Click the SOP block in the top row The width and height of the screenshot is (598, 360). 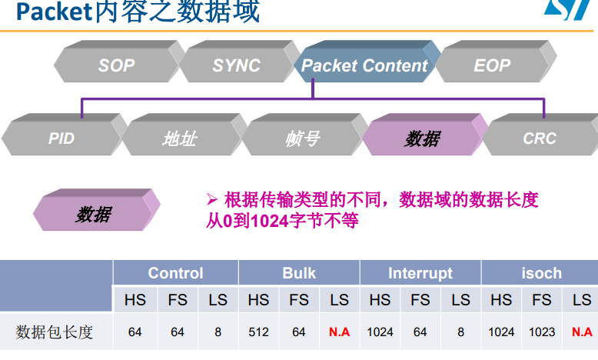click(x=117, y=65)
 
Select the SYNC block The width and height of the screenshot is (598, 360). click(x=236, y=65)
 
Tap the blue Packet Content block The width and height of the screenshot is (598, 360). click(x=364, y=65)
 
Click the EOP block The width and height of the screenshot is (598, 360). click(x=492, y=65)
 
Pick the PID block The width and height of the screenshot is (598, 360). click(x=61, y=138)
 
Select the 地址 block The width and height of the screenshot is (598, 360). click(x=179, y=138)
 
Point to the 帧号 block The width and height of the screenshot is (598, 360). click(x=301, y=138)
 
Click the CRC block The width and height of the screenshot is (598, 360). click(x=540, y=138)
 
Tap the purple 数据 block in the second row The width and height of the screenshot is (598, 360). click(x=423, y=138)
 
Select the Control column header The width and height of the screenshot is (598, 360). click(x=175, y=273)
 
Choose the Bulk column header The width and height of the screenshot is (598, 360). click(x=299, y=273)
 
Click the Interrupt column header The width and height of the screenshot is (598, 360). click(x=420, y=273)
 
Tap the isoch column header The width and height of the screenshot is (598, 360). click(x=541, y=273)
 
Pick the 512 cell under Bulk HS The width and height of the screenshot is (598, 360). click(x=258, y=332)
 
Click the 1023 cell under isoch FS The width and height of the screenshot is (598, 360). click(x=542, y=332)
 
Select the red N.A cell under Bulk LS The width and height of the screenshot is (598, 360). click(x=339, y=332)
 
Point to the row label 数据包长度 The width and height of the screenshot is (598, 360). click(x=55, y=332)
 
